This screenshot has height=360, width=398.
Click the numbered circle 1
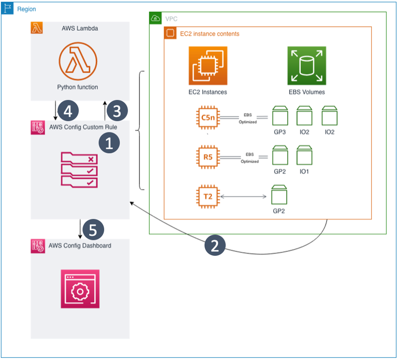tap(109, 144)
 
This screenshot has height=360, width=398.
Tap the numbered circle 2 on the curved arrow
tap(215, 246)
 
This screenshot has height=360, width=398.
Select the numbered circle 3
tap(117, 111)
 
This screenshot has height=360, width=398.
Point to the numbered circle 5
tap(94, 230)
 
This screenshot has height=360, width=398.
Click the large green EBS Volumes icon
tap(307, 66)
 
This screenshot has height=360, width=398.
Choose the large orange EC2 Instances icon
tap(208, 66)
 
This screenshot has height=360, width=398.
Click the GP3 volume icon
tap(280, 116)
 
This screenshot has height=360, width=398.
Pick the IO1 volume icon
tap(304, 156)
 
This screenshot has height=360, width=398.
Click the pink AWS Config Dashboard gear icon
tap(80, 289)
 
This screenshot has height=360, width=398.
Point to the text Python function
tap(78, 87)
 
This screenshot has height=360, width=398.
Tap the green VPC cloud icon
tap(156, 18)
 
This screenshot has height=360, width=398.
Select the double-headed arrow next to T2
tap(244, 197)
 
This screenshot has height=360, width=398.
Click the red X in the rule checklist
tap(90, 160)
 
